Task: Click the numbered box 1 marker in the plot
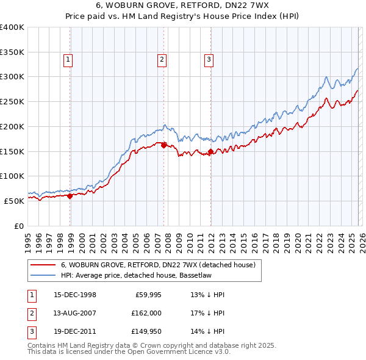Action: [x=67, y=59]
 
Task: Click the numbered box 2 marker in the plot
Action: [x=162, y=59]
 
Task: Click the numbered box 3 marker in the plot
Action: [x=209, y=59]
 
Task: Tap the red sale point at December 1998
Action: [x=70, y=196]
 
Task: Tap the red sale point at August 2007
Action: [x=163, y=145]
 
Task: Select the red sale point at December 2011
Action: [x=210, y=151]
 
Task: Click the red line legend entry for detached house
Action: [x=161, y=265]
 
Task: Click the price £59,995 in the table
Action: [x=147, y=295]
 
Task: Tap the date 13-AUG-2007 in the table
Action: [x=75, y=312]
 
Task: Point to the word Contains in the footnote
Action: [x=43, y=345]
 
